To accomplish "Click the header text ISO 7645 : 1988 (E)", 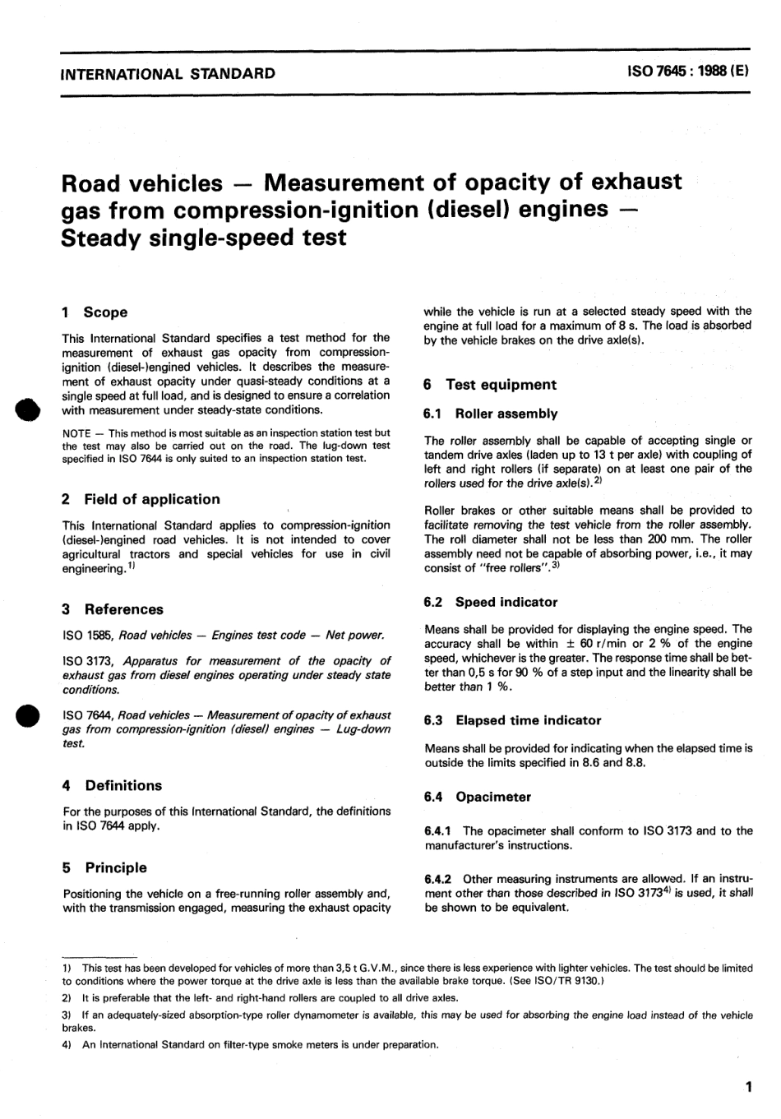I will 687,72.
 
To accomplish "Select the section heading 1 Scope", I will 95,312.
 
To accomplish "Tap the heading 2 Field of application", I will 141,499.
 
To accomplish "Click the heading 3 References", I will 113,609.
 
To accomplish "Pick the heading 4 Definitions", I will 113,785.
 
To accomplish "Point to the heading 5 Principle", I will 105,867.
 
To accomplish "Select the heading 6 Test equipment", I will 490,385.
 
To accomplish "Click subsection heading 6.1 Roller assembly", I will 490,414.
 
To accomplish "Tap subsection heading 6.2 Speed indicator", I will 491,602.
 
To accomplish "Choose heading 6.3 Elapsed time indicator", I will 512,720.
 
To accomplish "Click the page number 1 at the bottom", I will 747,1088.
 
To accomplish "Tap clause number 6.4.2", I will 441,878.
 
